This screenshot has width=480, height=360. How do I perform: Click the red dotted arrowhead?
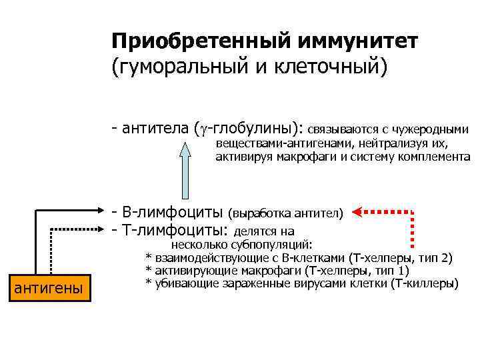coord(358,213)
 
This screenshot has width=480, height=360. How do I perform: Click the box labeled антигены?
coord(49,288)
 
